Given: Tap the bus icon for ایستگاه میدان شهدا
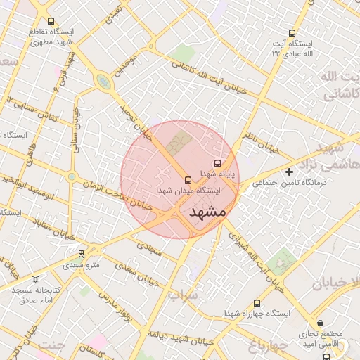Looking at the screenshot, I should (x=188, y=180).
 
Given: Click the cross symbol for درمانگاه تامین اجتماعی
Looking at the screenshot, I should (x=288, y=172).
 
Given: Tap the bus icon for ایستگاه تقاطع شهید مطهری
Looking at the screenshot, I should (x=50, y=22).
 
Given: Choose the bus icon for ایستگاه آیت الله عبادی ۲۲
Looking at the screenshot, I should (x=292, y=32).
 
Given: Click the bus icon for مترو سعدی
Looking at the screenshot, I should (x=81, y=253).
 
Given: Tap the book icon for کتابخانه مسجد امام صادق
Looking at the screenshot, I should (x=35, y=279).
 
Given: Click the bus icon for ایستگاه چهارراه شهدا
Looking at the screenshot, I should (x=256, y=304).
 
